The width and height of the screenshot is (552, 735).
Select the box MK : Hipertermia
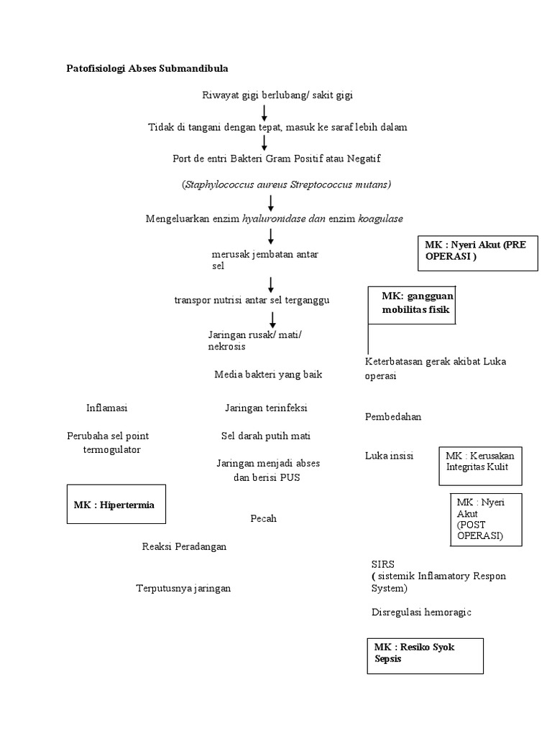coord(114,505)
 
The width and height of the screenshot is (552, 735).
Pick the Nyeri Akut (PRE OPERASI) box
coord(477,251)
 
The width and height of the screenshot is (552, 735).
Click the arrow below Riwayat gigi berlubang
coord(264,112)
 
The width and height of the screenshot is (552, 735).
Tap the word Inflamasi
coord(106,408)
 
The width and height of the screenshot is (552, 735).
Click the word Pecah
coord(263,518)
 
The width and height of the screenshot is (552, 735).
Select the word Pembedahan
coord(393,417)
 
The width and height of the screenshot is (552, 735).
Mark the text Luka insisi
coord(389,456)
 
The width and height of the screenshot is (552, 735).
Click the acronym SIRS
coord(383,564)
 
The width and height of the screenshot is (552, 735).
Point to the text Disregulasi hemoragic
coord(421,612)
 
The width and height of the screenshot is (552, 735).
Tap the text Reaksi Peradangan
coord(184,547)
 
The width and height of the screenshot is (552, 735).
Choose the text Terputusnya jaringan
coord(183,589)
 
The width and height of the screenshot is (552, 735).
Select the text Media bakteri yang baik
coord(268,374)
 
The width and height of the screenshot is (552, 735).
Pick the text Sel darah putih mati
coord(265,436)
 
